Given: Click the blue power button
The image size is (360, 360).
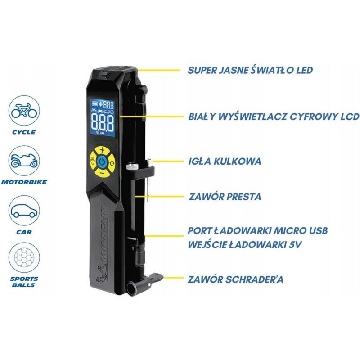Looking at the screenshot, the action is point(102,162).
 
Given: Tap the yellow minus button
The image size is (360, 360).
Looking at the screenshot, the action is point(102,173).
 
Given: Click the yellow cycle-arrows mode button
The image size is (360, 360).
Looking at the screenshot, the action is point(112,163).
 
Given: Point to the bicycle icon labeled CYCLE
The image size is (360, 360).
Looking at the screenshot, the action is point(24,111).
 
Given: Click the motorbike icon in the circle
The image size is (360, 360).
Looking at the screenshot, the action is point(24,161).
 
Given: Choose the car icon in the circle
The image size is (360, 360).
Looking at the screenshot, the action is point(24,211).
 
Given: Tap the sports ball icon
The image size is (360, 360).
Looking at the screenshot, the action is point(24,257).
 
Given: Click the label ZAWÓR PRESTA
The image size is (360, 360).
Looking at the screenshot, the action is point(225,197).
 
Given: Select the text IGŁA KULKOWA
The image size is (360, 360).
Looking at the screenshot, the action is point(225,161).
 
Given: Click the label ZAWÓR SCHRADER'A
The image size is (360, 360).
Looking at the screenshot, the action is point(235,279).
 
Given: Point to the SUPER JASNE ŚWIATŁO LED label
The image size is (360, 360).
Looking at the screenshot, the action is point(250,70).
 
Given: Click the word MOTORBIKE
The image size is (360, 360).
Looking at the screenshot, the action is point(24,182).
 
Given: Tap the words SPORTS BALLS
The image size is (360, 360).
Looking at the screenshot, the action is point(24,282).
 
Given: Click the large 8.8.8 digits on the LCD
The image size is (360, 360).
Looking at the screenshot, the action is point(103,122).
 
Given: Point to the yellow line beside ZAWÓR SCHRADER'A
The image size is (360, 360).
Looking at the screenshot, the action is point(174,278).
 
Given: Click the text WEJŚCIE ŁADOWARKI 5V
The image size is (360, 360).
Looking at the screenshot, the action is point(244,244).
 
